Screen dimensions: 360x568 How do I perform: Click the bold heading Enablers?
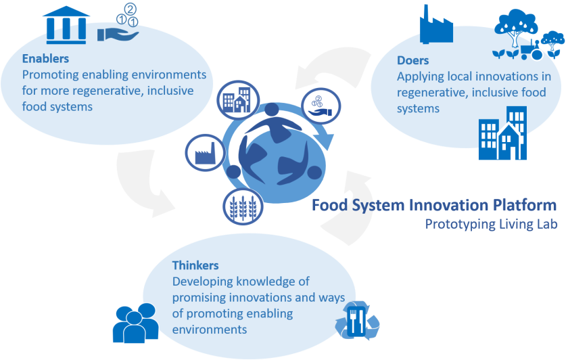tap(45, 59)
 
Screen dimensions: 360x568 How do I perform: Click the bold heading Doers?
tap(412, 61)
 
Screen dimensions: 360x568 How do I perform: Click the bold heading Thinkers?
tap(195, 265)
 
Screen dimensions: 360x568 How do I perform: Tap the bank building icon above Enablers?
tap(66, 25)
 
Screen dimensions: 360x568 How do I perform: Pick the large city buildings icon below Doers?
tap(502, 139)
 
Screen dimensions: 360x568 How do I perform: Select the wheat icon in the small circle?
tap(243, 207)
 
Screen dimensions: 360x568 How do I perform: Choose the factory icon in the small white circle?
tap(204, 154)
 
